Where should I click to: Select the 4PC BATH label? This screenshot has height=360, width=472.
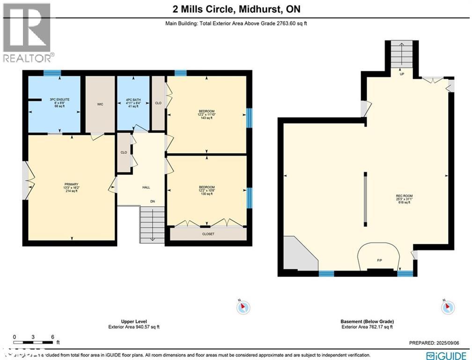coord(133,99)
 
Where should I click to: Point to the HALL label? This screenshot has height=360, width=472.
coord(146,187)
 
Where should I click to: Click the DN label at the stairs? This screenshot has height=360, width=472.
coord(152,202)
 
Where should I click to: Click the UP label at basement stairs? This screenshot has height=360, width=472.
coord(402,74)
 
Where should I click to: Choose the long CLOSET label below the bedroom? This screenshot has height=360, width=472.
coord(208,233)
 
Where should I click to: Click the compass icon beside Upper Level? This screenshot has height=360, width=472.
coord(243,307)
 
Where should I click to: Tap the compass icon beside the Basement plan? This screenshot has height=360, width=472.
coord(447,307)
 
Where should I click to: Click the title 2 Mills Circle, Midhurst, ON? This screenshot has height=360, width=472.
coord(236,8)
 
